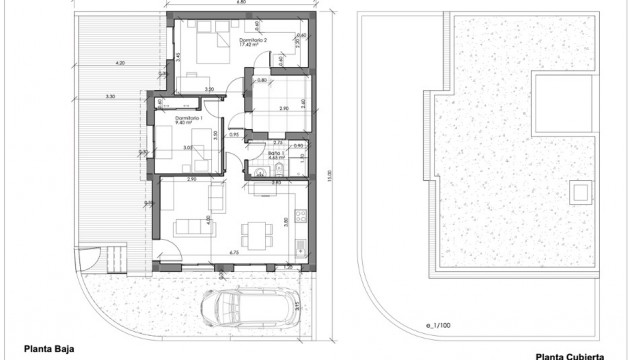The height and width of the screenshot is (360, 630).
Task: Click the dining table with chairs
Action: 257,233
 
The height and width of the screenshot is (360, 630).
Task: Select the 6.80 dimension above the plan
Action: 241,4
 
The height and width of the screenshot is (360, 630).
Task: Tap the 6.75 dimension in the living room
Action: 231,253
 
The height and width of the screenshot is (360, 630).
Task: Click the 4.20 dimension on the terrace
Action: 121,63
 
